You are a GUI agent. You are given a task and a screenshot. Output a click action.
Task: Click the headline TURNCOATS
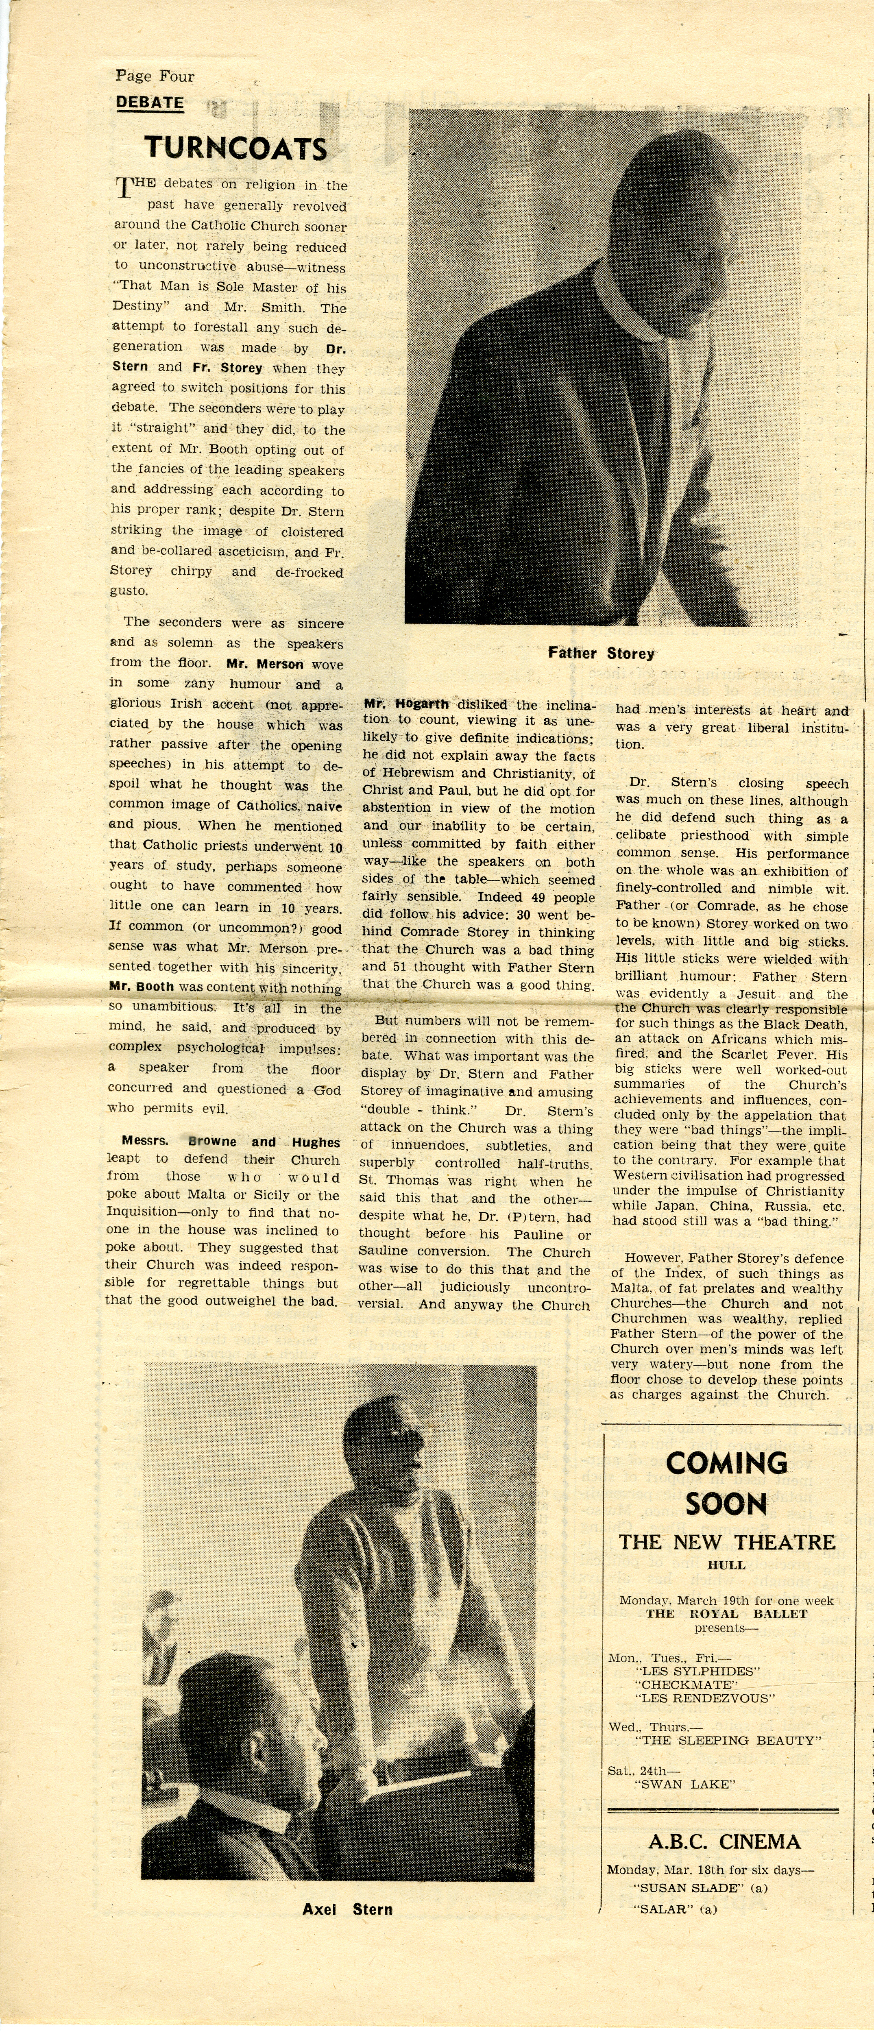click(235, 148)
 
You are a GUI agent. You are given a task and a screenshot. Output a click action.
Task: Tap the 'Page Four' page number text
click(155, 76)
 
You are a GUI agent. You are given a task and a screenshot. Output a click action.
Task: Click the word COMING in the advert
click(726, 1463)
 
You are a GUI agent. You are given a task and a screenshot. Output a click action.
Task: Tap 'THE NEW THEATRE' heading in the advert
click(726, 1542)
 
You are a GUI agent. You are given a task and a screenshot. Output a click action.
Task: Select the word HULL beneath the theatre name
click(726, 1565)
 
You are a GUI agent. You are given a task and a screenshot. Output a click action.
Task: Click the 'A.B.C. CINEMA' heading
click(724, 1842)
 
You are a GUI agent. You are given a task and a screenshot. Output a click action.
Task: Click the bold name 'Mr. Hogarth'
click(406, 704)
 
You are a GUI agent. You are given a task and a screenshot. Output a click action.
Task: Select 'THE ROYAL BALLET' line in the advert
click(726, 1614)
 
